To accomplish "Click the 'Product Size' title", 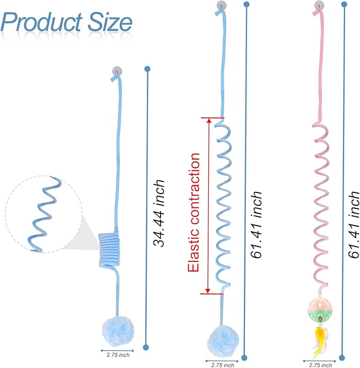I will (67, 22).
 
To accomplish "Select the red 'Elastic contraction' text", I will (195, 212).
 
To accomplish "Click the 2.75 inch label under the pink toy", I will (319, 364).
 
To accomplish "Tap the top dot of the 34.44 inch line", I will (147, 69).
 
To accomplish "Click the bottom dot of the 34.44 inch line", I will (147, 350).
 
